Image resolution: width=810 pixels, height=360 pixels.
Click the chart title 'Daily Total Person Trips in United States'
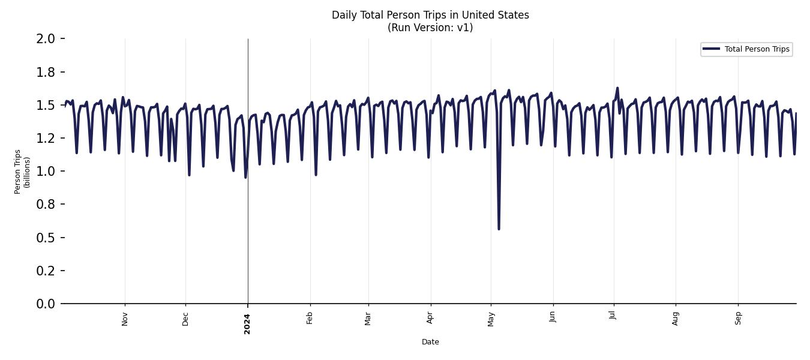pyautogui.click(x=430, y=15)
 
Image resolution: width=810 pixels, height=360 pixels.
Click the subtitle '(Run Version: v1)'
pyautogui.click(x=430, y=28)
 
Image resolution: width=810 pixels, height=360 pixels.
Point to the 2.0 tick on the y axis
pyautogui.click(x=46, y=39)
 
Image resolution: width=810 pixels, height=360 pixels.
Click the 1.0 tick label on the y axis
pyautogui.click(x=46, y=172)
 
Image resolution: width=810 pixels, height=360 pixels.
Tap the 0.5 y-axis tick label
pyautogui.click(x=46, y=238)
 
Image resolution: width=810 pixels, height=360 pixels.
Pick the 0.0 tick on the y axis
pyautogui.click(x=46, y=304)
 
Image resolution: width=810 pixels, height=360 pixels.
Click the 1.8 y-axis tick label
pyautogui.click(x=46, y=72)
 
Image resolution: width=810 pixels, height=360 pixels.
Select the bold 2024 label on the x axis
pyautogui.click(x=247, y=323)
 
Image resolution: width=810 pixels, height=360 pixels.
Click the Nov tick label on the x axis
pyautogui.click(x=125, y=319)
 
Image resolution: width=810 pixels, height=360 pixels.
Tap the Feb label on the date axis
pyautogui.click(x=310, y=318)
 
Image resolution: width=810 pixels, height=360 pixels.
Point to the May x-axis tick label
pyautogui.click(x=491, y=319)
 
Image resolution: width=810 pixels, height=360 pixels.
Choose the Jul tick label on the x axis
pyautogui.click(x=613, y=317)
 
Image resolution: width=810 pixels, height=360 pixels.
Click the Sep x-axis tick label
pyautogui.click(x=738, y=318)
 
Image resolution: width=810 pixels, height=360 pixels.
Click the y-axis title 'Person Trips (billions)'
pyautogui.click(x=22, y=172)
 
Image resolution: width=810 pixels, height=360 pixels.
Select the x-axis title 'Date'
pyautogui.click(x=430, y=342)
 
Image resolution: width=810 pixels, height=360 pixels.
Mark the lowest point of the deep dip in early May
pyautogui.click(x=499, y=229)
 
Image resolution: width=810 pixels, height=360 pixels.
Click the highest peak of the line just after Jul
pyautogui.click(x=617, y=88)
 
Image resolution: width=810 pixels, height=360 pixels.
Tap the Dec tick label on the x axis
pyautogui.click(x=185, y=318)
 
